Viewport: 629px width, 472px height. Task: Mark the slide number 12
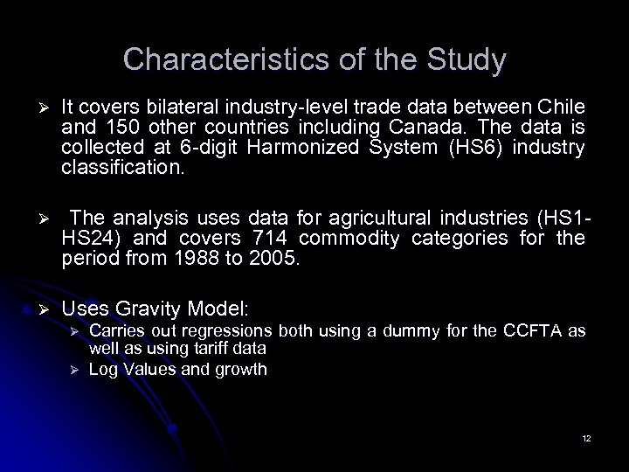pos(586,437)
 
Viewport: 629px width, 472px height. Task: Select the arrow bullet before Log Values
pos(75,369)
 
